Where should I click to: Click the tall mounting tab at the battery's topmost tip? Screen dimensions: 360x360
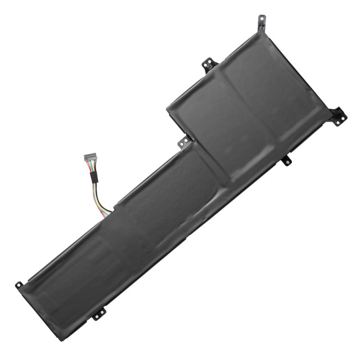(259, 21)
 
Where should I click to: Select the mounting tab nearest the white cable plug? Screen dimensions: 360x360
(184, 142)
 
